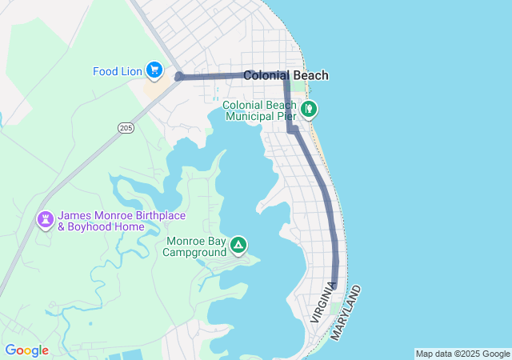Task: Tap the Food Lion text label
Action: (117, 71)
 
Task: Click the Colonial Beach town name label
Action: (286, 75)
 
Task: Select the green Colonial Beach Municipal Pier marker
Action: (310, 107)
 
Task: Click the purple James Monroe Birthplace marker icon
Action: (46, 218)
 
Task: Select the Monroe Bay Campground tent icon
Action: (238, 244)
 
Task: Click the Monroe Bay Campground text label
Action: (195, 246)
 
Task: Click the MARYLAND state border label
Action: (345, 310)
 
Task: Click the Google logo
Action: (26, 350)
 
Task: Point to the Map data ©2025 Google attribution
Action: (462, 354)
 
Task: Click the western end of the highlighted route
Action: (178, 77)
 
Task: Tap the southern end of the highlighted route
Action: (334, 286)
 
